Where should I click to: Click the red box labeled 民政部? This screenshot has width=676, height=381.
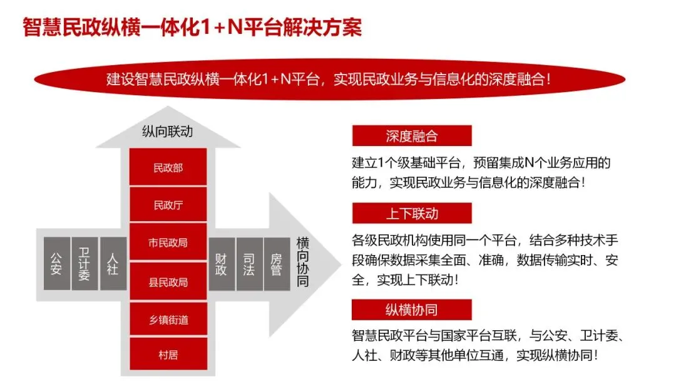[168, 167]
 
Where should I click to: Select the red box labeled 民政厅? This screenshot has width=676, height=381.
[168, 205]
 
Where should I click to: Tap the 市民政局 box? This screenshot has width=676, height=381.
[168, 243]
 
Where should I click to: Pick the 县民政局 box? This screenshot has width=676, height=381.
[168, 281]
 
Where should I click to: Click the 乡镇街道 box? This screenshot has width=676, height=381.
[168, 320]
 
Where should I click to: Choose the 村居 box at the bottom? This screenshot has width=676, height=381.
[168, 355]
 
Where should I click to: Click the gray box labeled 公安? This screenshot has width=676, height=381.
[56, 263]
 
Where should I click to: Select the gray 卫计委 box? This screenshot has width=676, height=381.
[84, 263]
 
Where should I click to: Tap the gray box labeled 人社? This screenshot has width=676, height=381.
[113, 263]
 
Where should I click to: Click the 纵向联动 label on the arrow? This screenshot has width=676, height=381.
[167, 132]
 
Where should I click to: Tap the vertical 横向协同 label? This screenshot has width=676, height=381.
[303, 262]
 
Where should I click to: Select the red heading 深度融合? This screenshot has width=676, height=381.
[411, 136]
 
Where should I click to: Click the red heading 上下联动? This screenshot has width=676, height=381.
[411, 213]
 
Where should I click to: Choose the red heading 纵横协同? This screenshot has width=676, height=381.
[411, 310]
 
